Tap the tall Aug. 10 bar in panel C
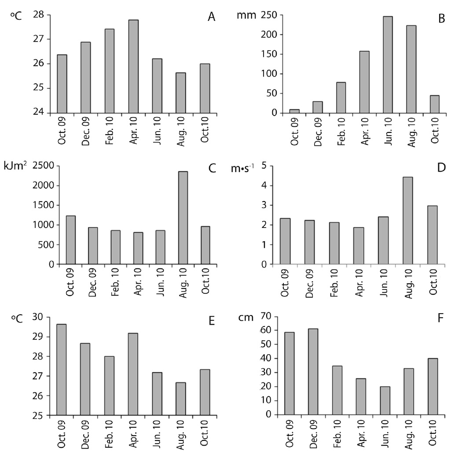click(183, 218)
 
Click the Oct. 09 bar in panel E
click(62, 370)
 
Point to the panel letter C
click(212, 168)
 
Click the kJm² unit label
click(15, 168)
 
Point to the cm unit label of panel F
click(245, 318)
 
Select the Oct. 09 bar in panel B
click(294, 111)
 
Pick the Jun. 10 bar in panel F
click(385, 401)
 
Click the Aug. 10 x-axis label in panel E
click(182, 434)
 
